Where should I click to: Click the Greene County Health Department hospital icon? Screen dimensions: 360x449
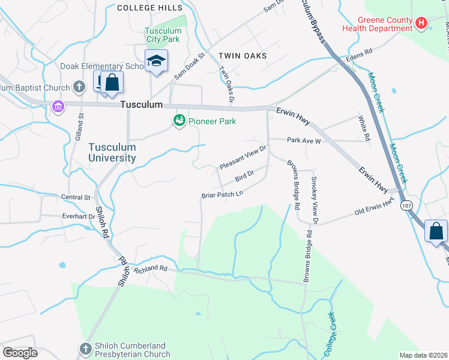[421, 23]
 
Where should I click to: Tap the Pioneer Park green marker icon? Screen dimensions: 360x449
[178, 121]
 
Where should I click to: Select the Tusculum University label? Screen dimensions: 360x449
[112, 152]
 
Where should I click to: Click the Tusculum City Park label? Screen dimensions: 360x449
[163, 35]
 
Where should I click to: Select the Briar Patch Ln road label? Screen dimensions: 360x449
[222, 194]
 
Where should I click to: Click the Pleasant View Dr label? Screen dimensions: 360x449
[243, 158]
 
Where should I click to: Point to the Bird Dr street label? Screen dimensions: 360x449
[245, 176]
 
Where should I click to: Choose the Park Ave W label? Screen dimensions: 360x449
[304, 140]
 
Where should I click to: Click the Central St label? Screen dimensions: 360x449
[76, 197]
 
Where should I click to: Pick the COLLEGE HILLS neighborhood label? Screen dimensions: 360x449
[149, 8]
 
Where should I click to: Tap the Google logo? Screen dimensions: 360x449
[20, 352]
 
